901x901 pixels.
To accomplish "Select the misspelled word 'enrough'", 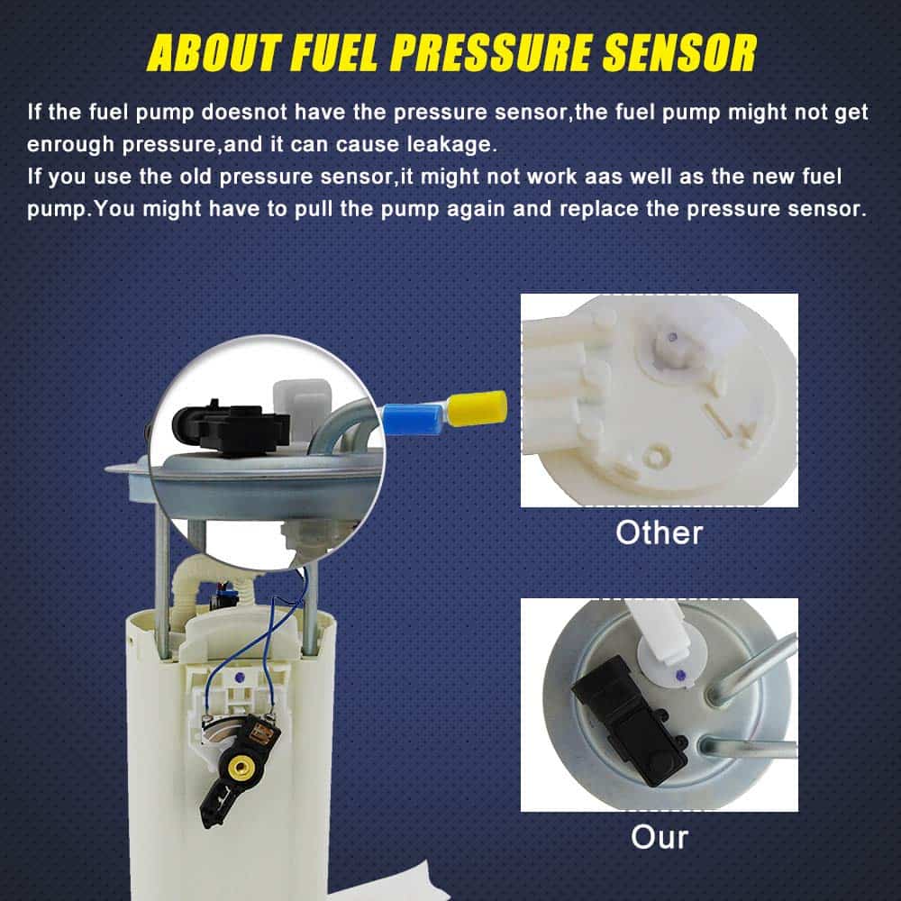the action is [x=70, y=144].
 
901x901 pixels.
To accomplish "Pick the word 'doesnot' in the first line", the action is [x=244, y=112].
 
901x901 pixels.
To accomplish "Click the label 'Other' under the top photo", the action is [x=660, y=532].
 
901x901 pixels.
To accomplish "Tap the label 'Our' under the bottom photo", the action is [x=660, y=837].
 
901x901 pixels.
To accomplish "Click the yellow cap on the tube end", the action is [x=477, y=408].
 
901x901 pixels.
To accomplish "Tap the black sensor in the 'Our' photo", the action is [x=630, y=721].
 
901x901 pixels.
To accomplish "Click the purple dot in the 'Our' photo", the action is [x=680, y=675].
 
